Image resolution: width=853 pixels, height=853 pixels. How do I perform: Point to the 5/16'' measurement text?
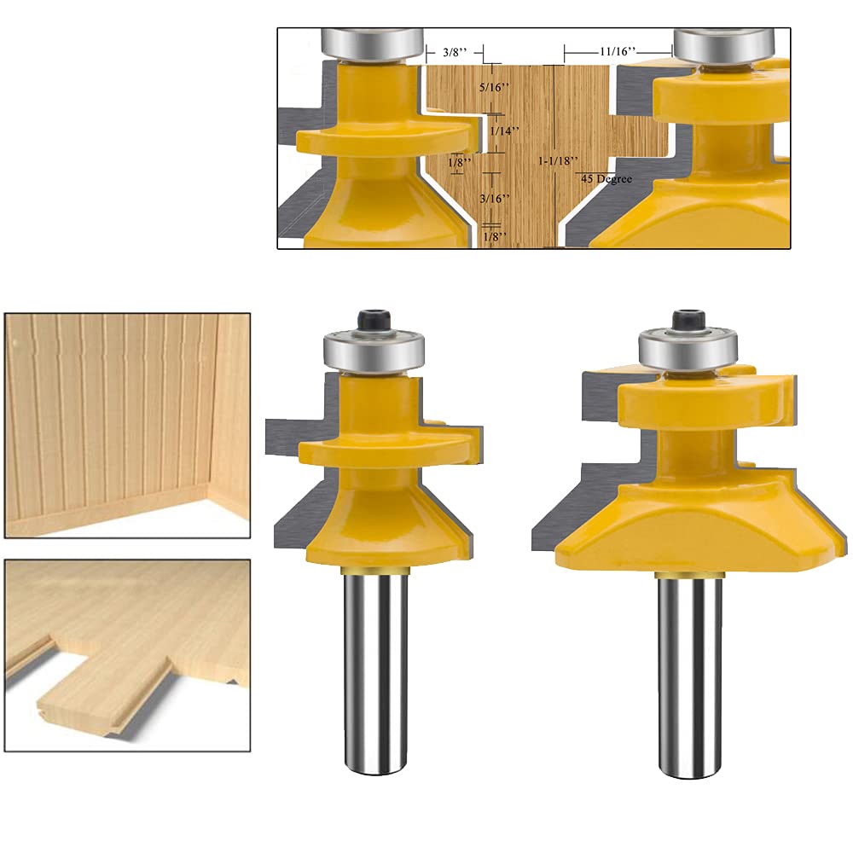(x=496, y=87)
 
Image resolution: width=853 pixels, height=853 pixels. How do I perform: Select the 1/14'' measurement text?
(x=506, y=131)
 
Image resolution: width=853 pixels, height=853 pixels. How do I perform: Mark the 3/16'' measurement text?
(x=495, y=198)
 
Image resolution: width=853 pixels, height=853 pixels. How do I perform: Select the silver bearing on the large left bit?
(x=372, y=350)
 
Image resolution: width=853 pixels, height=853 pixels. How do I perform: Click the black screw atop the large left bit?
(x=372, y=322)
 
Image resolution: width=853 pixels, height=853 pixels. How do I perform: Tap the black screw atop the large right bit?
(x=688, y=321)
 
